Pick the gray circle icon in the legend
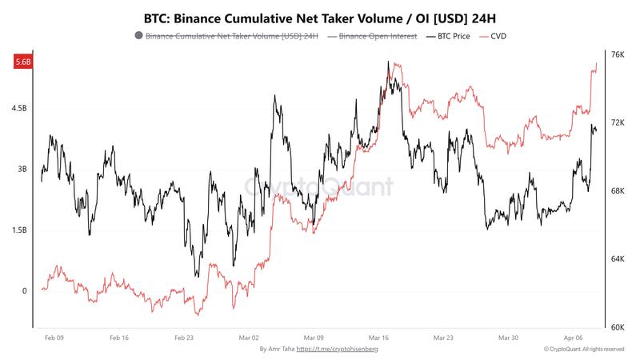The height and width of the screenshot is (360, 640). click(139, 36)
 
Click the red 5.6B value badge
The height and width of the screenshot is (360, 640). click(21, 62)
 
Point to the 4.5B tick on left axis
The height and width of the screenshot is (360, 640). click(20, 108)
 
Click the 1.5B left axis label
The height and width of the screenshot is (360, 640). click(20, 230)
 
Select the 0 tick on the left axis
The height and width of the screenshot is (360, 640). click(23, 291)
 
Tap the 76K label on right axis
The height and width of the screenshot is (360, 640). click(617, 54)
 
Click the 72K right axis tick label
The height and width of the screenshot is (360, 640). click(617, 122)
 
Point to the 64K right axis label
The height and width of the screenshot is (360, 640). click(617, 259)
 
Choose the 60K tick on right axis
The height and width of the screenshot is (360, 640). click(617, 327)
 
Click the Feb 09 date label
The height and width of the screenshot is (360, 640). click(54, 338)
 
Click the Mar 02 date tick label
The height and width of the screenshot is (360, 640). click(250, 338)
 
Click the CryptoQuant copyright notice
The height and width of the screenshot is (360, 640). click(583, 350)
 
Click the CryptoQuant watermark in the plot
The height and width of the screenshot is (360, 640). click(319, 187)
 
